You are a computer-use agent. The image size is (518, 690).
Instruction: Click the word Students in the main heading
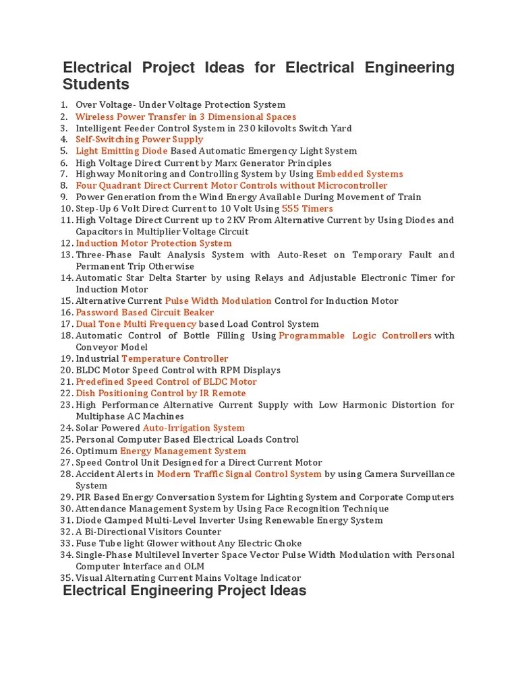pos(96,85)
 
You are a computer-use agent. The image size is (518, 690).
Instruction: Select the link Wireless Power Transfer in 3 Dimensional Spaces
pos(185,117)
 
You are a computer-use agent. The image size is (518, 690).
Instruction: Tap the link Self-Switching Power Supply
pos(139,139)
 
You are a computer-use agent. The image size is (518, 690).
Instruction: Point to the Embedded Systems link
pos(359,174)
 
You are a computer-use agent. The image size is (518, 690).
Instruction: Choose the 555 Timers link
pos(307,208)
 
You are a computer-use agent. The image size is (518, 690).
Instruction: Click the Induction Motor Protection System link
pos(153,243)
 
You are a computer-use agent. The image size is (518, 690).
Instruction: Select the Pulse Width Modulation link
pos(218,301)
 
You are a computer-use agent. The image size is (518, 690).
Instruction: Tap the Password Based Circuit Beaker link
pos(144,313)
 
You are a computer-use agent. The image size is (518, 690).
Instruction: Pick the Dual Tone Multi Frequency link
pos(136,324)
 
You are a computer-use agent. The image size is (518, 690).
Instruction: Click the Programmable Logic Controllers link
pos(355,336)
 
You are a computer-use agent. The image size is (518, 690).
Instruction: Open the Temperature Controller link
pos(175,358)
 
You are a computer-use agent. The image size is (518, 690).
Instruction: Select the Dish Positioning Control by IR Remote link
pos(161,393)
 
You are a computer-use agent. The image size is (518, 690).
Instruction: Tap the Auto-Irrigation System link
pos(194,428)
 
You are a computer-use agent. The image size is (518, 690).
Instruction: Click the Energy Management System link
pos(183,451)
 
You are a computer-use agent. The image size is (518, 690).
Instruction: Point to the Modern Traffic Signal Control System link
pos(239,474)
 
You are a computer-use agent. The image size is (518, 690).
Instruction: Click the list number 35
pos(65,577)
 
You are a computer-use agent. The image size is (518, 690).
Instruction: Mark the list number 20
pos(65,370)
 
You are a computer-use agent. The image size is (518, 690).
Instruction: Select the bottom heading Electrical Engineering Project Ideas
pos(184,591)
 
